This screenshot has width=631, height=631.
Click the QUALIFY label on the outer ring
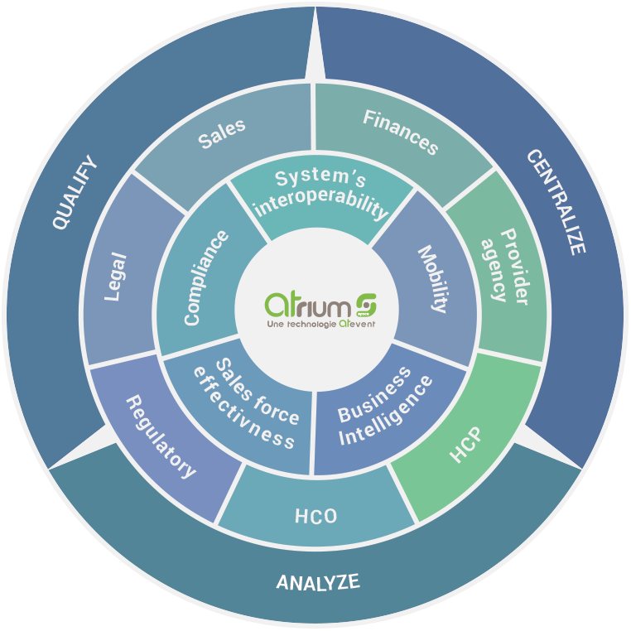pos(75,192)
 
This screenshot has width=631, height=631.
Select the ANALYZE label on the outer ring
pos(318,582)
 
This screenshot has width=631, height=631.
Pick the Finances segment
pos(401,131)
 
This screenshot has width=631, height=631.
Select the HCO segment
pos(316,516)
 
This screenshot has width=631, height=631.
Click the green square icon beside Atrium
pos(365,303)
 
